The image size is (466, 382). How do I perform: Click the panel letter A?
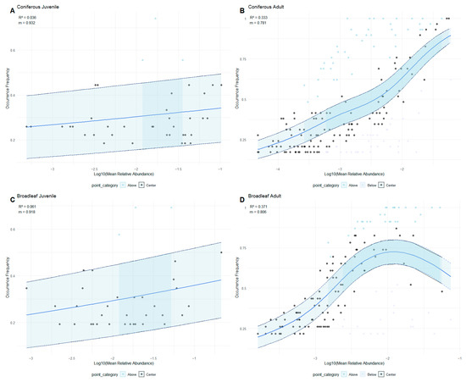4,10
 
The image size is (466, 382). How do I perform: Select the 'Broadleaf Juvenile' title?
32,200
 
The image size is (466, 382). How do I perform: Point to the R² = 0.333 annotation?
261,19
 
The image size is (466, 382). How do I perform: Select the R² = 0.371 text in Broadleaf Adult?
261,208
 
